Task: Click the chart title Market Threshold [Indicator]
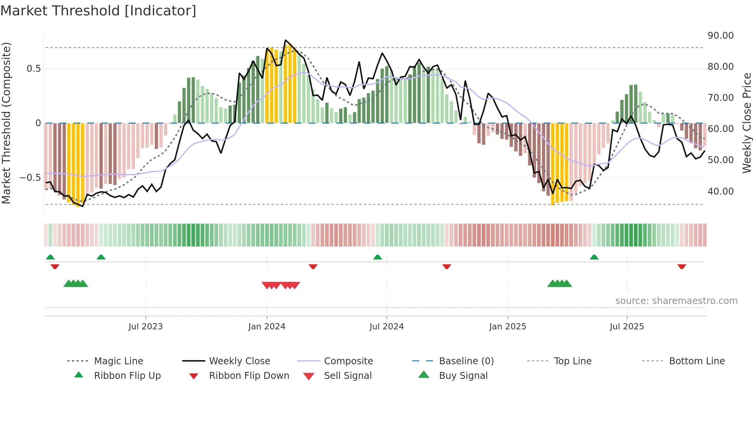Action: pyautogui.click(x=98, y=11)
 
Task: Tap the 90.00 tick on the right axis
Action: pyautogui.click(x=720, y=36)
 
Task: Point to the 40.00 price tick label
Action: pyautogui.click(x=720, y=191)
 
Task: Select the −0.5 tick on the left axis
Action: pyautogui.click(x=30, y=178)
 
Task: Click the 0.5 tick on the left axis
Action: pyautogui.click(x=33, y=69)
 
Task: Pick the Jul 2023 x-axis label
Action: pyautogui.click(x=146, y=327)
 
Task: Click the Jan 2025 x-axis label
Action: pyautogui.click(x=508, y=327)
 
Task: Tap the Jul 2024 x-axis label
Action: pyautogui.click(x=386, y=327)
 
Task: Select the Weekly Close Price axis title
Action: pyautogui.click(x=746, y=123)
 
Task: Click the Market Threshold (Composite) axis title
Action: pyautogui.click(x=6, y=123)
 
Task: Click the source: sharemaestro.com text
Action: pyautogui.click(x=676, y=301)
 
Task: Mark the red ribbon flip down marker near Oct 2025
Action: pyautogui.click(x=682, y=266)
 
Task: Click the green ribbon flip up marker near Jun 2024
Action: pyautogui.click(x=377, y=257)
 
